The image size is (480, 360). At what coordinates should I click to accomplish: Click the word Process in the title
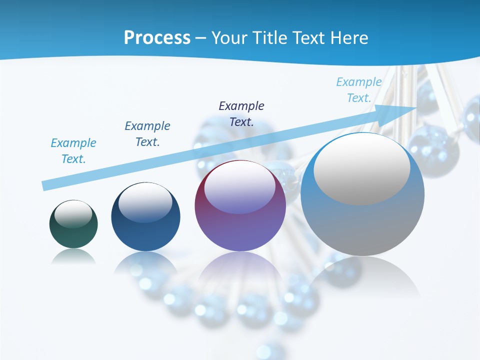(x=157, y=38)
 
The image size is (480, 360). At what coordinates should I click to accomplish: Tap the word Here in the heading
(x=348, y=38)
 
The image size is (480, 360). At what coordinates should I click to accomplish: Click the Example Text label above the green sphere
(x=73, y=151)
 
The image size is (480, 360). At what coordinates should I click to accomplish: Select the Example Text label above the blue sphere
(x=147, y=134)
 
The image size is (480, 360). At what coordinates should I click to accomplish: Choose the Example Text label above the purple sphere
(x=241, y=114)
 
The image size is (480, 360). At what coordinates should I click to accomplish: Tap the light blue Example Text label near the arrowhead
(x=359, y=90)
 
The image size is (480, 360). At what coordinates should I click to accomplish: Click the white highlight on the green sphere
(x=73, y=214)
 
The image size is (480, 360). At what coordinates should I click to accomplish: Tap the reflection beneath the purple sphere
(x=240, y=270)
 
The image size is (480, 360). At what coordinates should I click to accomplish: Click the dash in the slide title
(x=201, y=38)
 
